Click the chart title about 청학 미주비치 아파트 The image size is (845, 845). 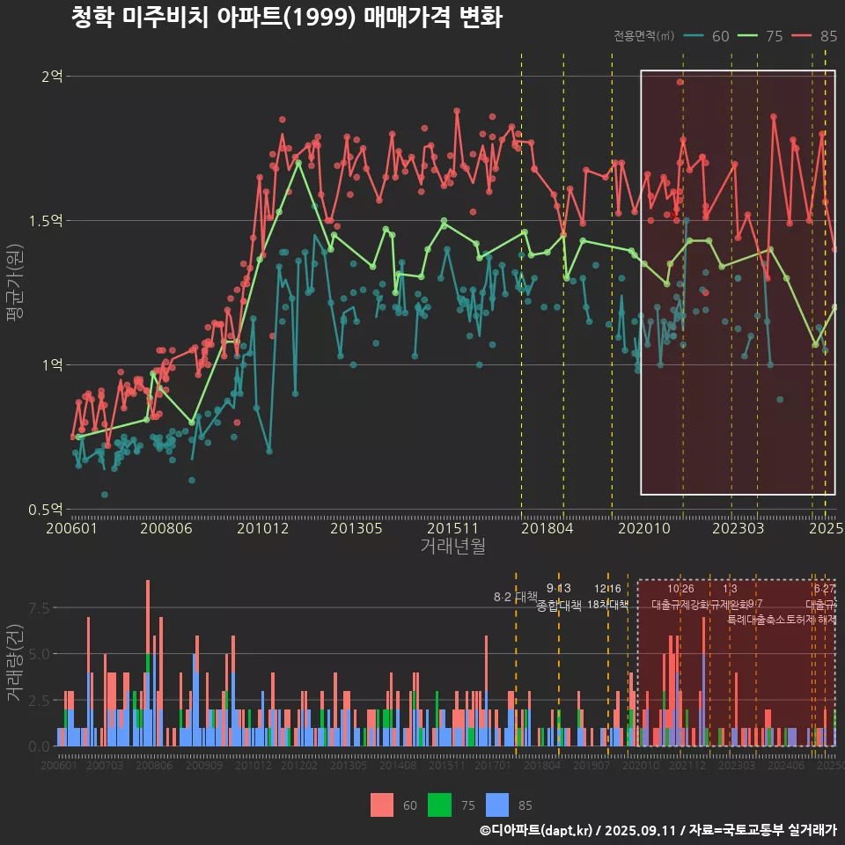(x=286, y=18)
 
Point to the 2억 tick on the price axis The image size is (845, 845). (x=52, y=77)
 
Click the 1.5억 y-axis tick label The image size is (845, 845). (x=46, y=221)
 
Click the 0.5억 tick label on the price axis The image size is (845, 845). (x=46, y=510)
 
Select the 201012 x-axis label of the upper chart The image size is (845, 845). (x=262, y=529)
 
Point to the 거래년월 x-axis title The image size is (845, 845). (x=452, y=547)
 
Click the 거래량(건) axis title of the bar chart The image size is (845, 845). (x=15, y=663)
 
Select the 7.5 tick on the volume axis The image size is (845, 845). (x=40, y=608)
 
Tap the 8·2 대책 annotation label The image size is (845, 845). (x=516, y=598)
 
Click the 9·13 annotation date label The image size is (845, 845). (x=558, y=588)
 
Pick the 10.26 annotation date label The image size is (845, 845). (x=680, y=588)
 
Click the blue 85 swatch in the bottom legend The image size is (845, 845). (x=497, y=805)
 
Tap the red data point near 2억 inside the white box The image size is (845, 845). (x=680, y=82)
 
